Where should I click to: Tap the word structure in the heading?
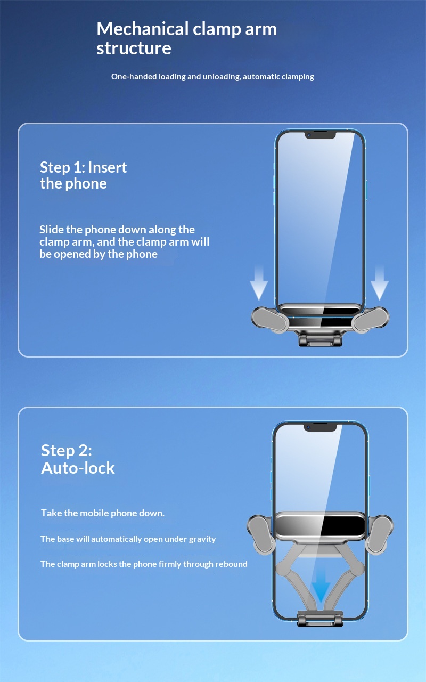click(134, 48)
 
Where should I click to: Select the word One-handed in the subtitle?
click(134, 77)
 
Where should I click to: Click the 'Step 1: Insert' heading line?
click(84, 167)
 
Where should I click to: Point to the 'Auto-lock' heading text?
click(78, 468)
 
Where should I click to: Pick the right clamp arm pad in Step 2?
click(380, 535)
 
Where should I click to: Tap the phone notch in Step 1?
click(320, 136)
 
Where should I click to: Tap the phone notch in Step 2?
click(320, 427)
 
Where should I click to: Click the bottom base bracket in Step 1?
click(320, 339)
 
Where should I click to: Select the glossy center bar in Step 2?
click(320, 525)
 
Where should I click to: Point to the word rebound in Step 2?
click(231, 564)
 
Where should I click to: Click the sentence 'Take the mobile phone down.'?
click(103, 513)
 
